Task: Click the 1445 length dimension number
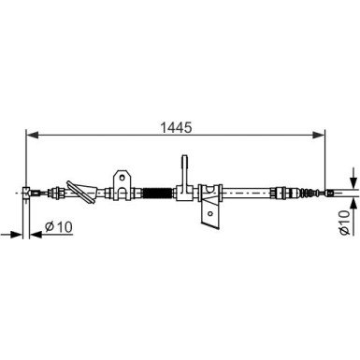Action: pos(176,127)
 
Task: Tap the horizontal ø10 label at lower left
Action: pos(59,226)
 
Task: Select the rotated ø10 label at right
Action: pos(344,223)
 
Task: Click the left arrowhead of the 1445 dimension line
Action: pos(32,135)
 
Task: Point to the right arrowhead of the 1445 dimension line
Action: pos(319,135)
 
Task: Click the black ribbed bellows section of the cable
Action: pos(157,194)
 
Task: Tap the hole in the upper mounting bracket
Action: pos(122,178)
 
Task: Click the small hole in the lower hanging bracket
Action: pos(210,213)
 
